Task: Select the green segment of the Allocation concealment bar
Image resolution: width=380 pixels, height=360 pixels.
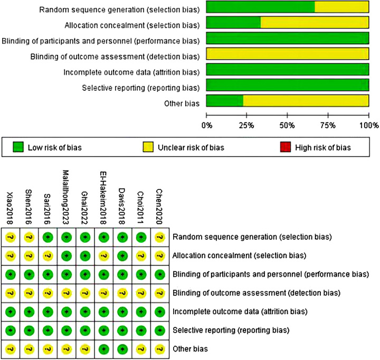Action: [x=233, y=23]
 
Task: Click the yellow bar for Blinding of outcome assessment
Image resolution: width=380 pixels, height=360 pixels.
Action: [x=287, y=54]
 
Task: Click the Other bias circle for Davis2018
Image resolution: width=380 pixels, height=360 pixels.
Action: [x=122, y=348]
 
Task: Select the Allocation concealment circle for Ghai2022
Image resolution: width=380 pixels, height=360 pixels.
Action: [x=84, y=256]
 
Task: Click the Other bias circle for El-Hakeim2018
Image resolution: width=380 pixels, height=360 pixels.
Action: [x=103, y=348]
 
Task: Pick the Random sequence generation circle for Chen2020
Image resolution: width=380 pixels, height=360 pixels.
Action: [x=159, y=237]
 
